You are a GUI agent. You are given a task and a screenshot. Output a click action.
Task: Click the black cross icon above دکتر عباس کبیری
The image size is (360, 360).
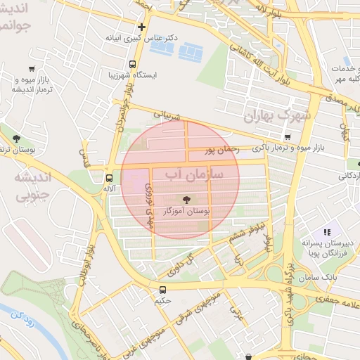coord(141,27)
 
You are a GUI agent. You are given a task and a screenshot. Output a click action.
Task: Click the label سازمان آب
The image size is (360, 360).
coord(193,172)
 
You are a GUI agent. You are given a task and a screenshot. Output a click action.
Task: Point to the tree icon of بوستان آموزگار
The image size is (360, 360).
coord(186,200)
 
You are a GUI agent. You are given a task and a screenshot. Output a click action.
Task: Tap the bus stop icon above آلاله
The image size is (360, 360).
coord(108,178)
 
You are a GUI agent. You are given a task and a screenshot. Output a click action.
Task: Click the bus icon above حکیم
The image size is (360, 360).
coord(163,289)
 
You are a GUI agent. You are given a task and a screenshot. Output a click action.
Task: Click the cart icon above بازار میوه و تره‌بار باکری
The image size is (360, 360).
coord(286,136)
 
